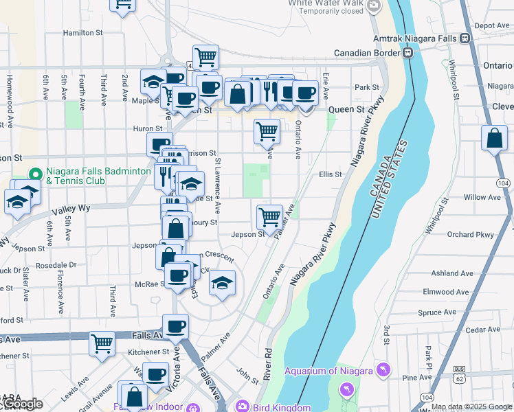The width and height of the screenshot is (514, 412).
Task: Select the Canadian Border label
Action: [367, 53]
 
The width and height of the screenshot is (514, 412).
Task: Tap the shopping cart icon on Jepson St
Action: [270, 217]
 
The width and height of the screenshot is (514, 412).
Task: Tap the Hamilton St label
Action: [82, 32]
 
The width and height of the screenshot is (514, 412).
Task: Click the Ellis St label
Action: [330, 174]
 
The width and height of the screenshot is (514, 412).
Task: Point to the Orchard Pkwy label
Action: [470, 235]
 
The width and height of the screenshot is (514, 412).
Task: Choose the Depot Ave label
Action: [491, 25]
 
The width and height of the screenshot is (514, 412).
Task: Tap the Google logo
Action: [20, 404]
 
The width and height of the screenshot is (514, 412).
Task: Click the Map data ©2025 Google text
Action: [471, 407]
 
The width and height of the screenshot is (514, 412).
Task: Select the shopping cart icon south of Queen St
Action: [267, 130]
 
